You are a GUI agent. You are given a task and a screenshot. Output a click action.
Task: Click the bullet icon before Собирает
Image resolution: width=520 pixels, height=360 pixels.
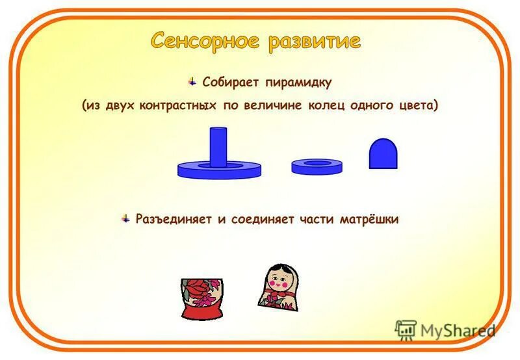pyautogui.click(x=192, y=81)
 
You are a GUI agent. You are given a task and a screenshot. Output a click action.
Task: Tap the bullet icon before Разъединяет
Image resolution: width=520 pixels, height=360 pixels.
pyautogui.click(x=125, y=218)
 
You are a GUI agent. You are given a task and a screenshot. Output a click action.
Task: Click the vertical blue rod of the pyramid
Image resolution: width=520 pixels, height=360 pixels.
pyautogui.click(x=218, y=146)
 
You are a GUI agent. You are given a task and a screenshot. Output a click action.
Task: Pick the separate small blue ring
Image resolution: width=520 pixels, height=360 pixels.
pyautogui.click(x=317, y=166)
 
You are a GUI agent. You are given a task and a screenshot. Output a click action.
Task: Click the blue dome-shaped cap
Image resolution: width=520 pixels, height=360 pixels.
pyautogui.click(x=382, y=155)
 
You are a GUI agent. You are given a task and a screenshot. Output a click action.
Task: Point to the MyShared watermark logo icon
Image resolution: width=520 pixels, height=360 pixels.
pyautogui.click(x=406, y=330)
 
